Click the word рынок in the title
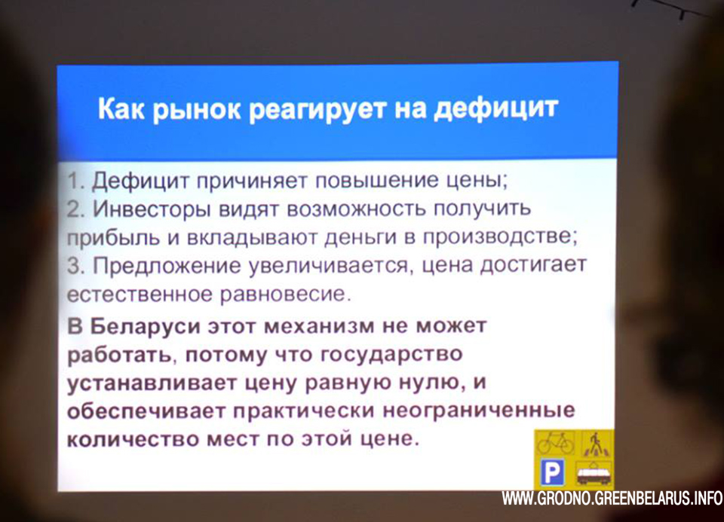(x=196, y=110)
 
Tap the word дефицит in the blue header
(x=496, y=108)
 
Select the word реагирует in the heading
(x=318, y=111)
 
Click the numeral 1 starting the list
(x=74, y=180)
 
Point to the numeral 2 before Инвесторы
(x=74, y=210)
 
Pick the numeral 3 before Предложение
(x=74, y=266)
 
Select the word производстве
(x=497, y=237)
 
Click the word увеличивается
(x=330, y=267)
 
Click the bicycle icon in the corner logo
(x=556, y=444)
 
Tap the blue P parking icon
(x=552, y=472)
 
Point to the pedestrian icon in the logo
(x=595, y=444)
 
